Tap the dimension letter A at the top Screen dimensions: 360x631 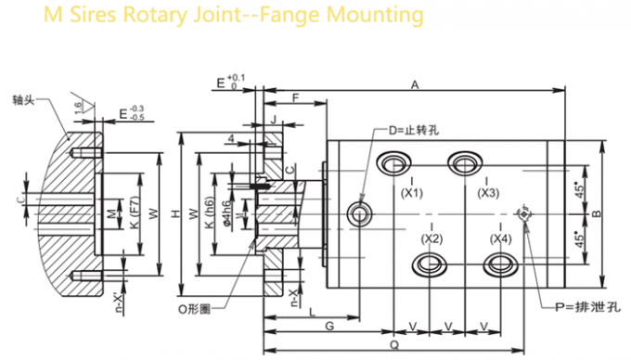click(x=415, y=84)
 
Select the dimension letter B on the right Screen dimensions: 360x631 click(x=597, y=214)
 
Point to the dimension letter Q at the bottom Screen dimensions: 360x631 click(x=395, y=343)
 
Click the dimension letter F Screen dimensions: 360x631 click(x=294, y=97)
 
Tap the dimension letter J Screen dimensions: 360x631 click(x=276, y=118)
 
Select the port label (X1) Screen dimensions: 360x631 click(x=412, y=193)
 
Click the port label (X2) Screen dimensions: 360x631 click(x=431, y=238)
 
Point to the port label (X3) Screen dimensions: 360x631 click(x=488, y=193)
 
